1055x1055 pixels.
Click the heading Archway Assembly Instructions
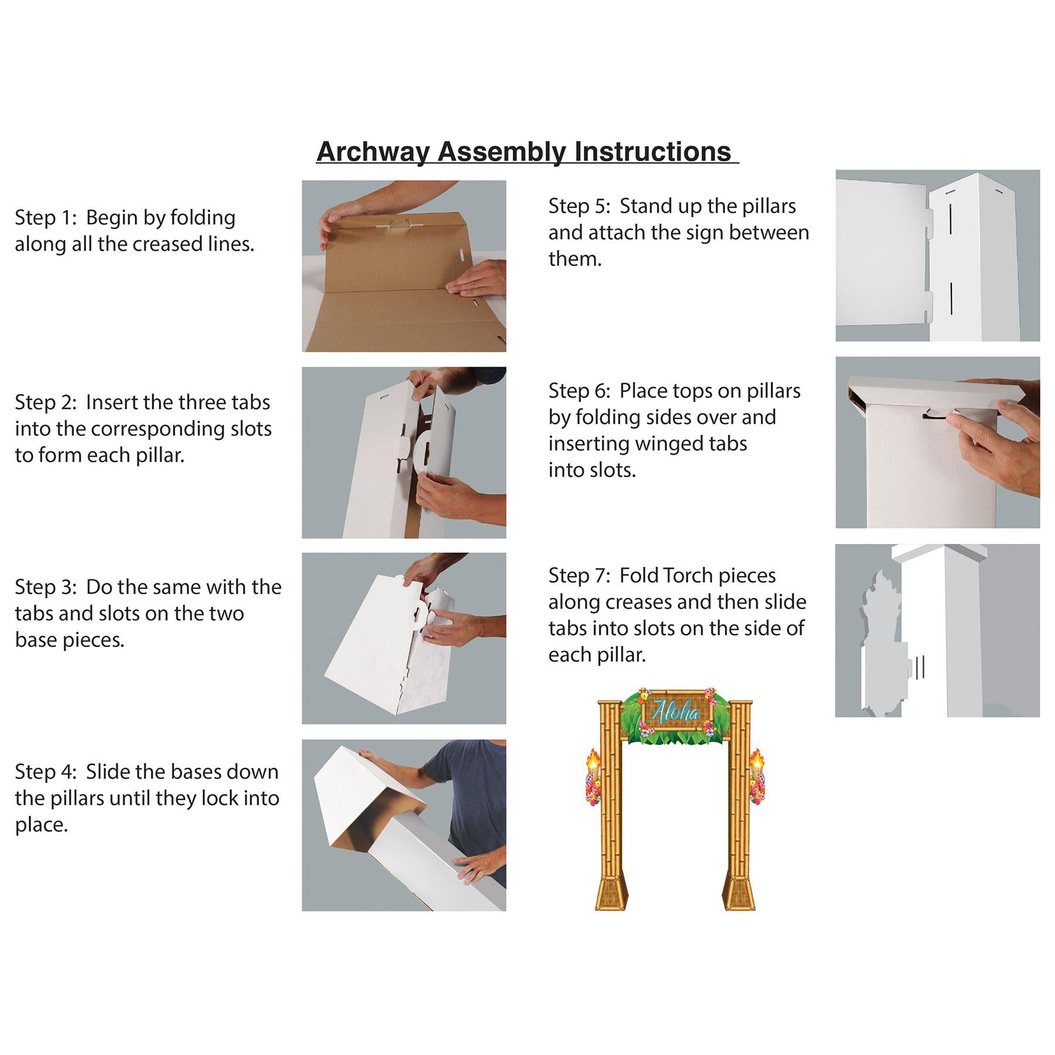point(523,152)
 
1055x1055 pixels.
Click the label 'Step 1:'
point(46,217)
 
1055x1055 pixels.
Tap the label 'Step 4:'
point(46,772)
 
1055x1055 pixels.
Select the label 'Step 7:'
point(580,576)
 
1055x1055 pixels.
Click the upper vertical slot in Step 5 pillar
point(950,222)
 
